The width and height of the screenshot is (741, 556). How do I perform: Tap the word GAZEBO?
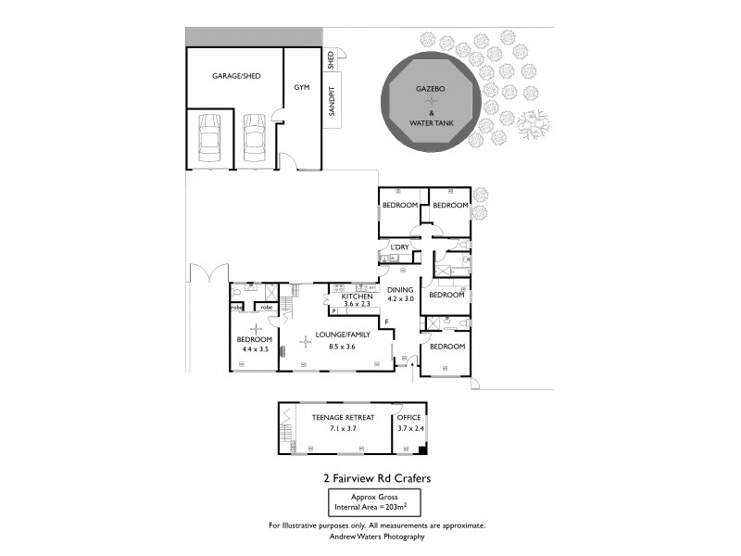point(431,87)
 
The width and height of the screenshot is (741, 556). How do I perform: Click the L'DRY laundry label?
point(399,247)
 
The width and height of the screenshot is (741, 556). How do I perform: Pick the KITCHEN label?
point(357,296)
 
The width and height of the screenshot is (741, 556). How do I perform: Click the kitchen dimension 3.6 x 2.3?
point(357,304)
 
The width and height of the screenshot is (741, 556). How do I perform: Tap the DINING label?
point(400,290)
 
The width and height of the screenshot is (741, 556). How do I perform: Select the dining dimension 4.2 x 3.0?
point(400,299)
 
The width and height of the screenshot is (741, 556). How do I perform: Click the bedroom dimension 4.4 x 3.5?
point(254,348)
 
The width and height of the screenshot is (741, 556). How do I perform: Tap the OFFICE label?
point(408,418)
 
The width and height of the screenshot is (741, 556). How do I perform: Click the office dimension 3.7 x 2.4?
point(408,428)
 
